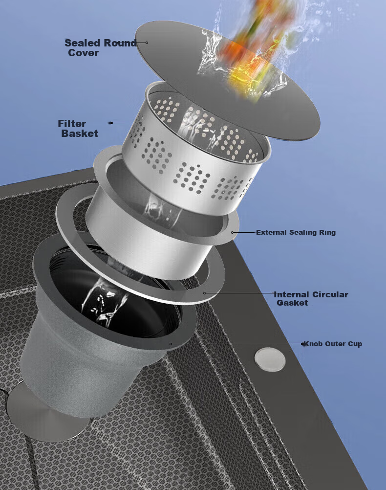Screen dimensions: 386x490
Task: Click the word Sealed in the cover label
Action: (x=82, y=43)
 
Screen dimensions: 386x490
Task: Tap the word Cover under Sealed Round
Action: (x=84, y=53)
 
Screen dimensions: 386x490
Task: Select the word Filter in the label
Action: (x=72, y=123)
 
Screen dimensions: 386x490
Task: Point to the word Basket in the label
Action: (x=80, y=134)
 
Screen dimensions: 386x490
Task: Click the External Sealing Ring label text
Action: (x=296, y=232)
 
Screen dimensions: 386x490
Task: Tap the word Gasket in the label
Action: (x=292, y=303)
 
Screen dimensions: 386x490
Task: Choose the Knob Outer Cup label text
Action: (x=333, y=344)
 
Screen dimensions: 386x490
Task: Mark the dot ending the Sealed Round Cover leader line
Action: (x=147, y=43)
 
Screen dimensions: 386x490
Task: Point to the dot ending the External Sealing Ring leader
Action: (x=233, y=232)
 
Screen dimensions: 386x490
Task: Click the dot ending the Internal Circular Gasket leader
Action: (x=205, y=293)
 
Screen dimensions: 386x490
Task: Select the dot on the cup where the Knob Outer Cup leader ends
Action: (x=171, y=344)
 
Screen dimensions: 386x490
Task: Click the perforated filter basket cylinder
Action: (x=195, y=150)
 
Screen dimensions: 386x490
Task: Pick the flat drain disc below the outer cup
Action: (x=47, y=416)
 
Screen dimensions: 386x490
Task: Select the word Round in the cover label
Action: (x=120, y=43)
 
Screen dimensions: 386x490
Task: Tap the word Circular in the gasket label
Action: (x=330, y=294)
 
